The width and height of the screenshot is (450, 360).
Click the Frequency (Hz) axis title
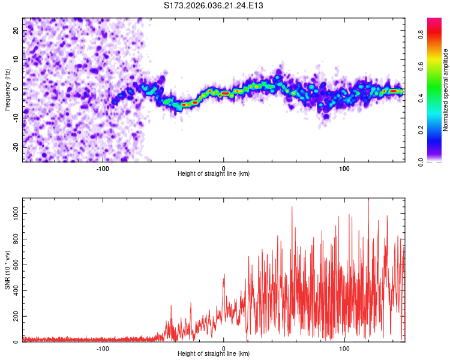tap(7, 89)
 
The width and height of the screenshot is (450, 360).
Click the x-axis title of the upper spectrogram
tap(214, 173)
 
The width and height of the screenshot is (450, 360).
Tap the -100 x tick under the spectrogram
tap(103, 167)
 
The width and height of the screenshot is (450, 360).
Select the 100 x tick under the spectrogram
tap(344, 167)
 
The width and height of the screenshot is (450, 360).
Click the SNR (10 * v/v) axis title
tap(7, 270)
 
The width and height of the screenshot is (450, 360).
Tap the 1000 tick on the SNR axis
tap(13, 213)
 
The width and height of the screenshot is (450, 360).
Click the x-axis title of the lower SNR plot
tap(214, 353)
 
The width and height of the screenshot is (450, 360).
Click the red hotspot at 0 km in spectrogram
tap(224, 94)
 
